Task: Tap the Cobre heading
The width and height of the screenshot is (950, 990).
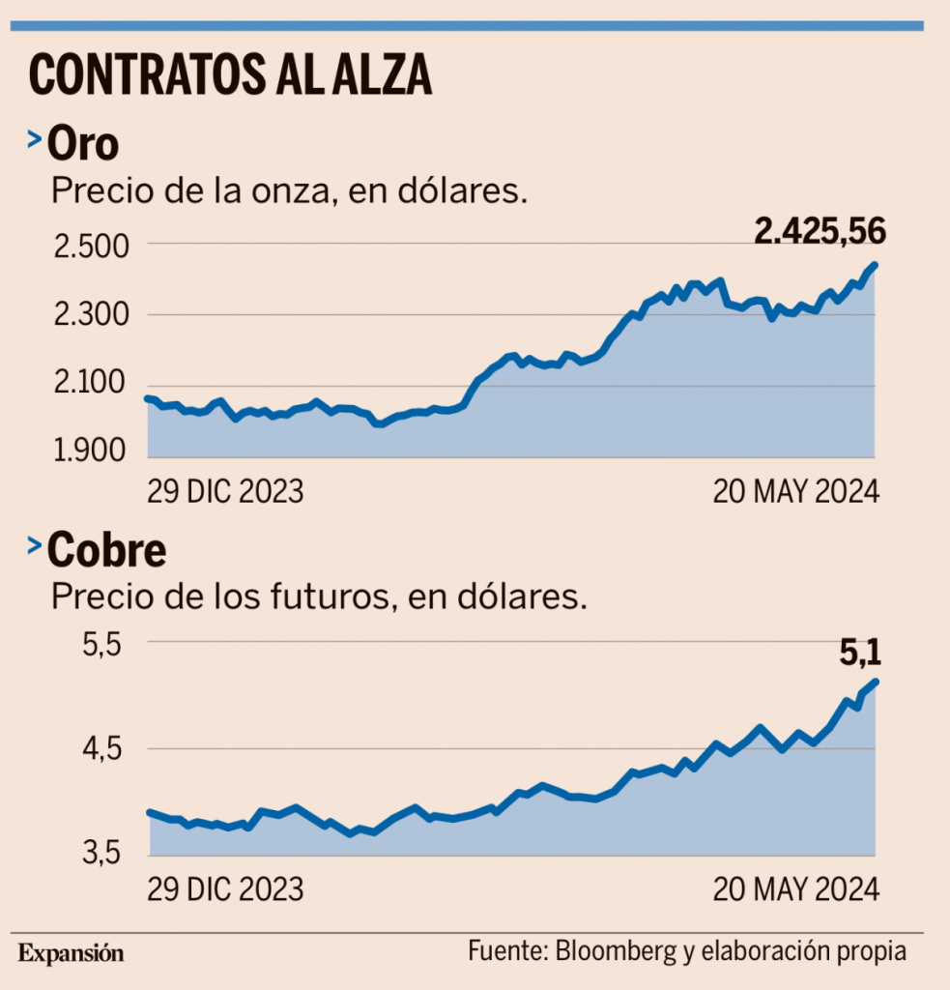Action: coord(106,551)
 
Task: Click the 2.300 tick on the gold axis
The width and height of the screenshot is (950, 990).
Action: coord(89,315)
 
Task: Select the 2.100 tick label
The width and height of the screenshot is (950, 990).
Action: coord(89,386)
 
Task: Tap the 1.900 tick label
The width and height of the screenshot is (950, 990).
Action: coord(89,452)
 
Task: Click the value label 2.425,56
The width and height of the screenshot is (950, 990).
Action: coord(820,230)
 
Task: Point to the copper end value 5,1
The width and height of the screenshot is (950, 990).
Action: coord(860,654)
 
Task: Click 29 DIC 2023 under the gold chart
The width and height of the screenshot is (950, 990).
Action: coord(225,491)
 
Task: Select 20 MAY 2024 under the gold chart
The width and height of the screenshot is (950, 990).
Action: coord(796,491)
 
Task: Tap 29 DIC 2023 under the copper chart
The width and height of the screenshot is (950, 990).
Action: coord(225,888)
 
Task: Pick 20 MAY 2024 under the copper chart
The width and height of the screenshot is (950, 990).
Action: coord(796,888)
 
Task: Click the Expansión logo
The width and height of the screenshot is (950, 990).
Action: coord(71,952)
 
